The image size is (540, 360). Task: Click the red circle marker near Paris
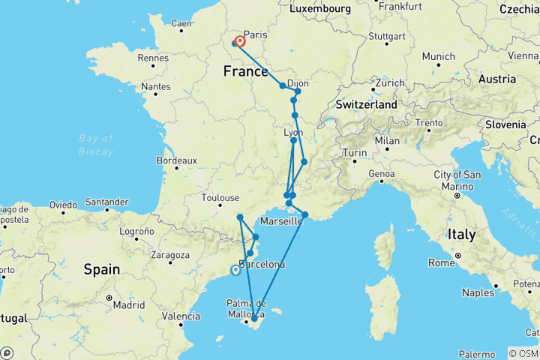click(x=241, y=42)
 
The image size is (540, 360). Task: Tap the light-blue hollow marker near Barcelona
click(x=236, y=271)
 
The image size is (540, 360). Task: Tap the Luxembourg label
click(x=323, y=8)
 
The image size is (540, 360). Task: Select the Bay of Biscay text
click(x=97, y=145)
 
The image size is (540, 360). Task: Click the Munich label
click(x=439, y=56)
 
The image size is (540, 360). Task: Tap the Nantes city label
click(x=155, y=87)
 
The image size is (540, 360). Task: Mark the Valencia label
click(x=184, y=316)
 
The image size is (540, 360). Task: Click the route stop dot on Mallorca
click(x=253, y=319)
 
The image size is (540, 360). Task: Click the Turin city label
click(x=355, y=153)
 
